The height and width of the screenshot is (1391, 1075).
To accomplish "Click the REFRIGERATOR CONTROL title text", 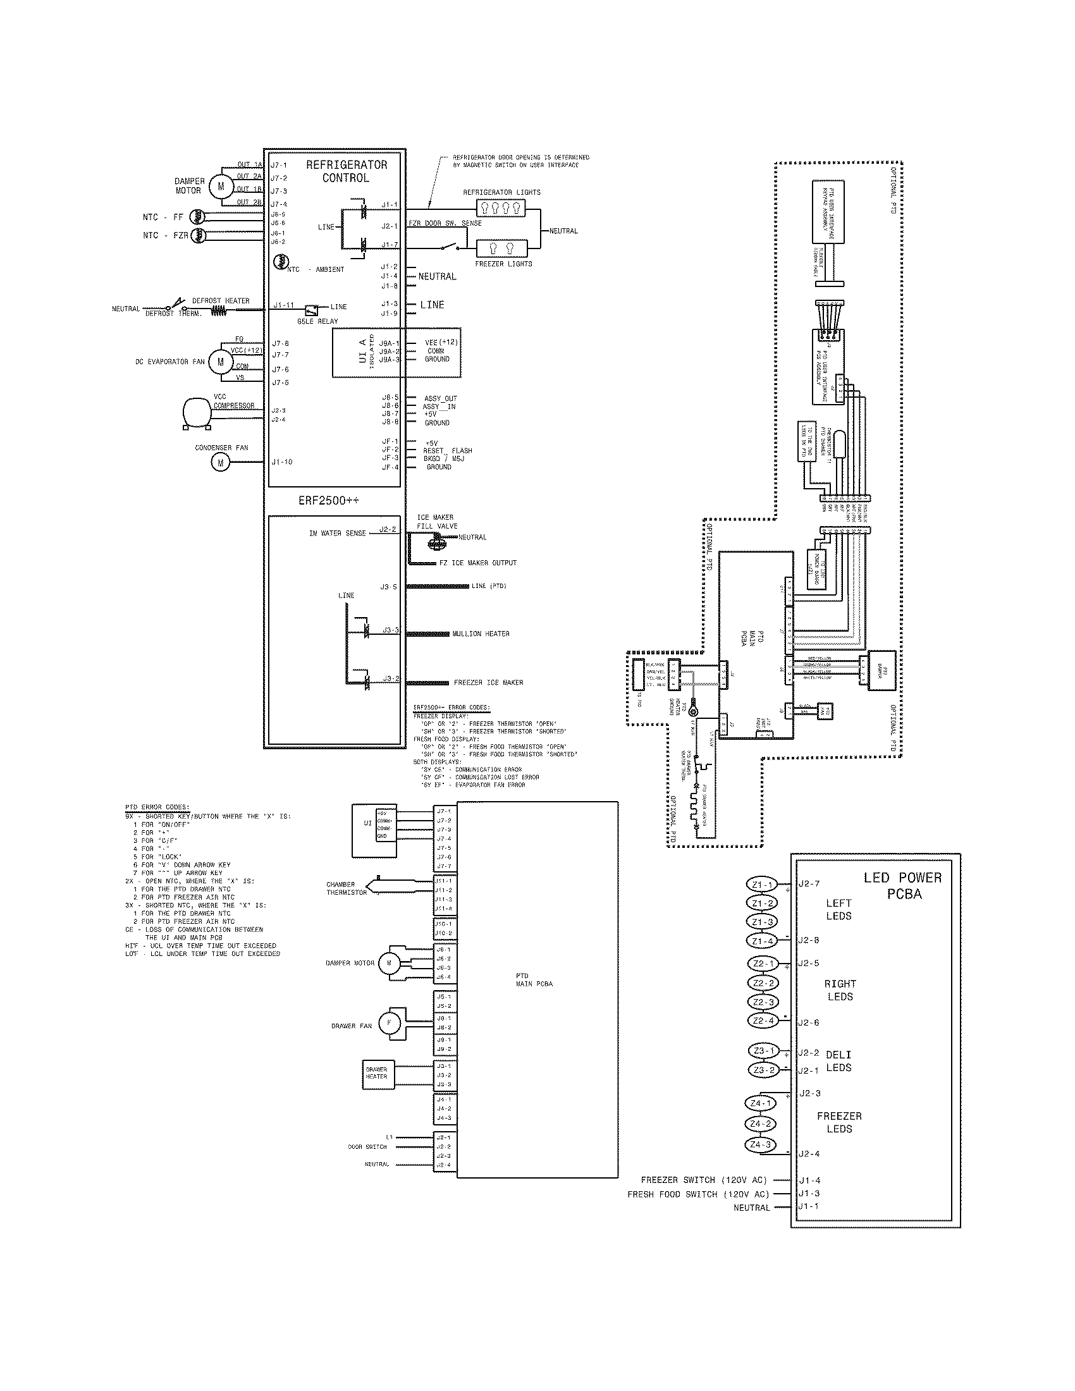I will pyautogui.click(x=346, y=171).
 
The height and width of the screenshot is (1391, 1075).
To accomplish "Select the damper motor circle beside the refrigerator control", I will pyautogui.click(x=221, y=186).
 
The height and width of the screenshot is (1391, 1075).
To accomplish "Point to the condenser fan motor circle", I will pyautogui.click(x=220, y=462).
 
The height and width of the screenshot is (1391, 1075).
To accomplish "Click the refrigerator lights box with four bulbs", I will pyautogui.click(x=501, y=207).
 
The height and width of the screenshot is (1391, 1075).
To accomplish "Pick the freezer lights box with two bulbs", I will pyautogui.click(x=501, y=248).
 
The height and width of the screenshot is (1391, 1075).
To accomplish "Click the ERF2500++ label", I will pyautogui.click(x=329, y=501).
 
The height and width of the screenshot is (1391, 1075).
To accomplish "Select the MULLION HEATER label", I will pyautogui.click(x=481, y=634).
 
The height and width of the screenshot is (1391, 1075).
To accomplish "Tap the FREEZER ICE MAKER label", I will pyautogui.click(x=488, y=682).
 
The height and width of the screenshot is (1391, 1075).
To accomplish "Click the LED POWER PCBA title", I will pyautogui.click(x=903, y=885).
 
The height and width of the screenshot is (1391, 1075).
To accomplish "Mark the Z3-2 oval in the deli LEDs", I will pyautogui.click(x=763, y=1070).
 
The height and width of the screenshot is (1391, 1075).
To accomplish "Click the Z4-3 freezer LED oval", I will pyautogui.click(x=760, y=1144).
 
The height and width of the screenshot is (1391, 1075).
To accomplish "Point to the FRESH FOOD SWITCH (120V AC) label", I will pyautogui.click(x=698, y=1194).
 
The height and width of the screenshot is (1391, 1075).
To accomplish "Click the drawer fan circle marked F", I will pyautogui.click(x=388, y=1024).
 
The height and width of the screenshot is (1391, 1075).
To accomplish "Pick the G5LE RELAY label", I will pyautogui.click(x=317, y=321).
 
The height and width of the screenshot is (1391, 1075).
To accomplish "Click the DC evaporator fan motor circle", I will pyautogui.click(x=221, y=362).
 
